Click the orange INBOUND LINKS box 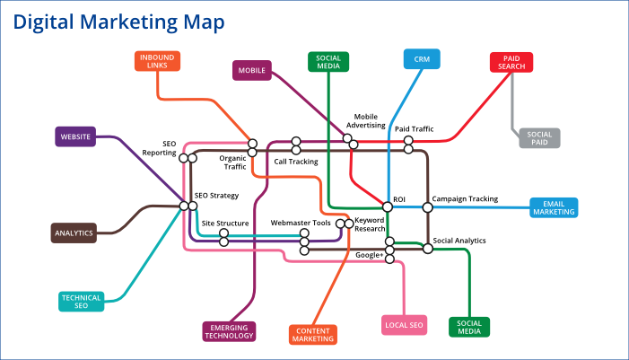point(159,61)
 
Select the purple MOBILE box point(252,71)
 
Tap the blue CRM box point(421,59)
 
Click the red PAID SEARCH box point(512,62)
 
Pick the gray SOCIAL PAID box point(538,137)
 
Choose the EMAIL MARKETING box point(554,207)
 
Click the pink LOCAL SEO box point(403,325)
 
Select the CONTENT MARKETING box point(314,334)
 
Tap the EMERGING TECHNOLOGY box point(229,330)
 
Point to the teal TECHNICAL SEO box point(81,302)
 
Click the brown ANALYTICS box point(74,233)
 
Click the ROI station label point(400,198)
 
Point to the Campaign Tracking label point(465,198)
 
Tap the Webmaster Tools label point(301,223)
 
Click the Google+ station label point(369,256)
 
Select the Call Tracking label point(296,162)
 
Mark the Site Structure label point(225,223)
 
